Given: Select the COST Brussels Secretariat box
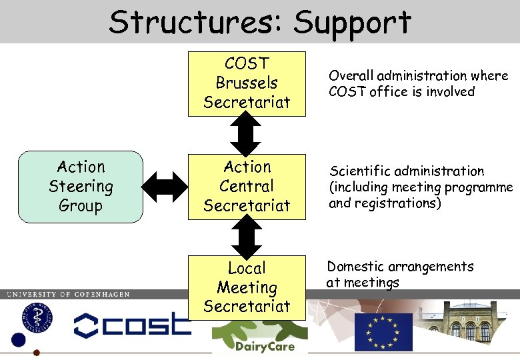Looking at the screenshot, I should click(x=247, y=83).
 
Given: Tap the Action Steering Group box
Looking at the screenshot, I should click(x=81, y=186).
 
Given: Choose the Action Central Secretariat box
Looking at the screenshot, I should click(x=247, y=186).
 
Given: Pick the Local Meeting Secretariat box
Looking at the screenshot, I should click(x=247, y=287).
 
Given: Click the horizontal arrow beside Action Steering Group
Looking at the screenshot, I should click(x=166, y=186).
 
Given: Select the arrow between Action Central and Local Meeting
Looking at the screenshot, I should click(x=247, y=237).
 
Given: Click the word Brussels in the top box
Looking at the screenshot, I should click(x=247, y=83).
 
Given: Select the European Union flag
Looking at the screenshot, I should click(x=383, y=331).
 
